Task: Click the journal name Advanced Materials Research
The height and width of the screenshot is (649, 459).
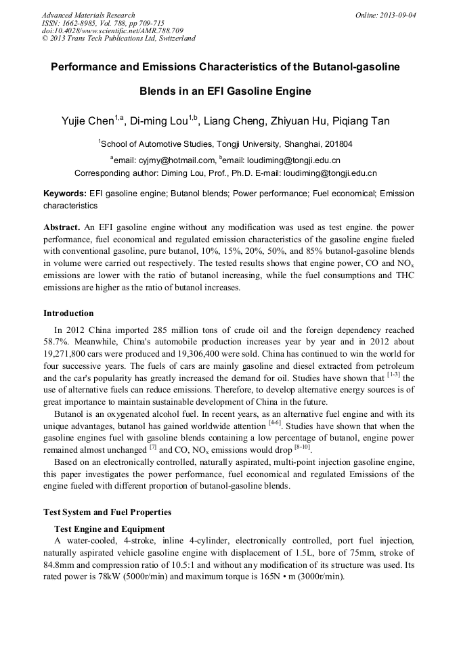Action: (x=88, y=15)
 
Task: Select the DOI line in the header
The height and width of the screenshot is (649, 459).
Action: (x=112, y=30)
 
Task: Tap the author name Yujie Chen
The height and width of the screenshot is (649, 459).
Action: (x=88, y=121)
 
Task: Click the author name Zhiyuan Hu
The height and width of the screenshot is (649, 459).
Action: (x=296, y=121)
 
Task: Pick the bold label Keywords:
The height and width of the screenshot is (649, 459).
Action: (x=65, y=194)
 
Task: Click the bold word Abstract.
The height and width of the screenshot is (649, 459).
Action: (x=62, y=227)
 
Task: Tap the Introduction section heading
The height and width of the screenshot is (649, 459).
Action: (x=68, y=313)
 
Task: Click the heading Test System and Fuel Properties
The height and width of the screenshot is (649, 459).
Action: (x=107, y=512)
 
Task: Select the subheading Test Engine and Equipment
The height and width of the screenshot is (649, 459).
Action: (x=109, y=529)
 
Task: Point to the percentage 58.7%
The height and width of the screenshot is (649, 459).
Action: (x=57, y=342)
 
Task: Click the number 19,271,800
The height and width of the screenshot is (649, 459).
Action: (x=70, y=353)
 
